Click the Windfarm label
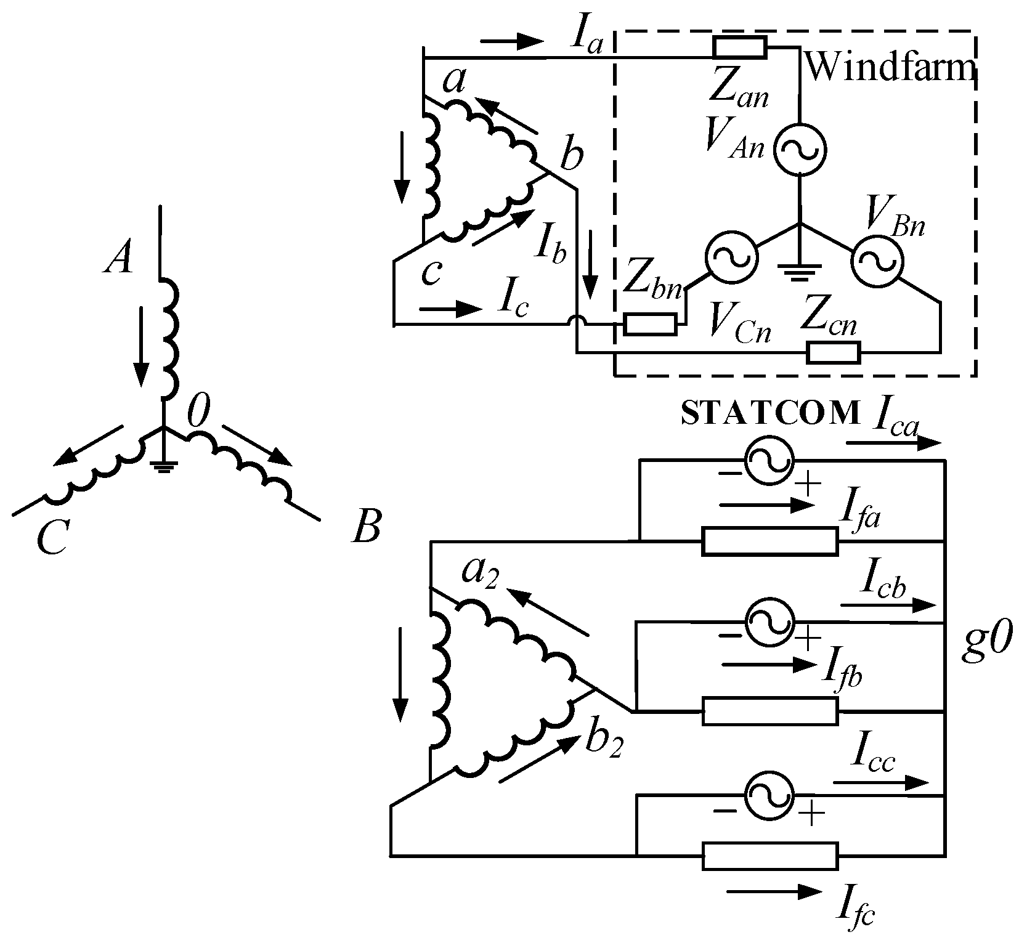[x=891, y=68]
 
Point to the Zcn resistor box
[x=834, y=353]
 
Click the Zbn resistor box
[x=650, y=324]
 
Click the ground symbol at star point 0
[x=163, y=466]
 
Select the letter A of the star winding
[x=118, y=257]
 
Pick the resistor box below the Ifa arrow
[x=769, y=541]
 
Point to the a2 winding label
[x=480, y=576]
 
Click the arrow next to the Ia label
[x=511, y=42]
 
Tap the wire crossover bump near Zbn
[x=576, y=322]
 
